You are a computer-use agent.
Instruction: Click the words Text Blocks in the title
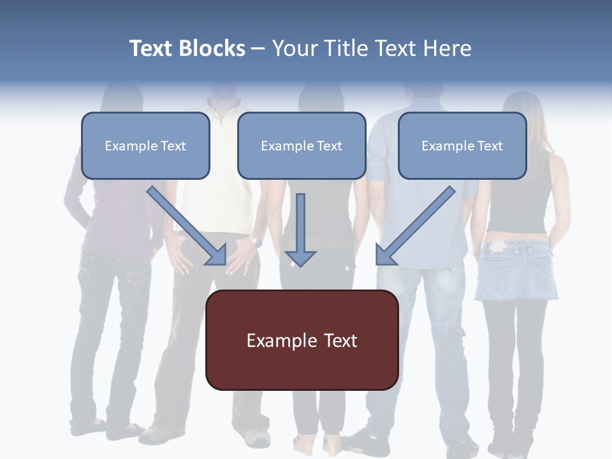(x=187, y=48)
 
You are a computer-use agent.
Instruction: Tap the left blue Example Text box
(x=145, y=146)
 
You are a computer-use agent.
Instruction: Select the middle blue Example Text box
(x=302, y=146)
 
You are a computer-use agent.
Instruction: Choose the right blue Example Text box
(x=462, y=146)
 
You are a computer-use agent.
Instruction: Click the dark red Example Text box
(x=302, y=340)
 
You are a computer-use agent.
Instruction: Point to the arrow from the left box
(x=187, y=226)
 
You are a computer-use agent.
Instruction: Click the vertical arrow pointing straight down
(x=300, y=230)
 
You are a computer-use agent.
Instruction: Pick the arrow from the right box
(x=415, y=226)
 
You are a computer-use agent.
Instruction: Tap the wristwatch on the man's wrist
(x=256, y=240)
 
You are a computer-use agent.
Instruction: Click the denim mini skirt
(x=515, y=270)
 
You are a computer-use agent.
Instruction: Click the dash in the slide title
(x=258, y=49)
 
